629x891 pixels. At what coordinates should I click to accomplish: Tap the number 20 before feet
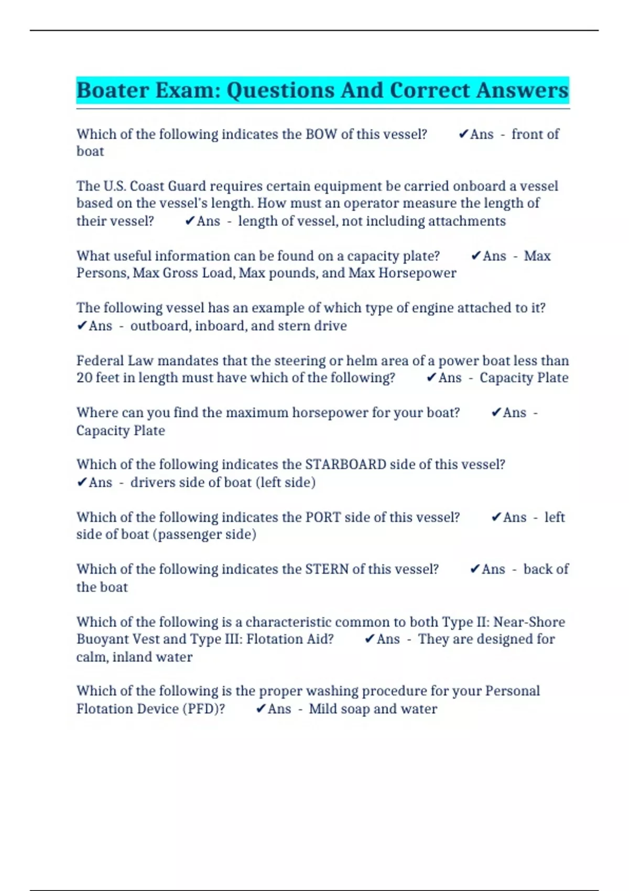(x=84, y=378)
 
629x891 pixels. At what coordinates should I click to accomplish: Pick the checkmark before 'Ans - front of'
(x=463, y=135)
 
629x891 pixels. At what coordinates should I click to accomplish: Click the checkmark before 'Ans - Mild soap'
(x=261, y=709)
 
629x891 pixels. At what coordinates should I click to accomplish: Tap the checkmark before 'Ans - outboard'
(x=82, y=326)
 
